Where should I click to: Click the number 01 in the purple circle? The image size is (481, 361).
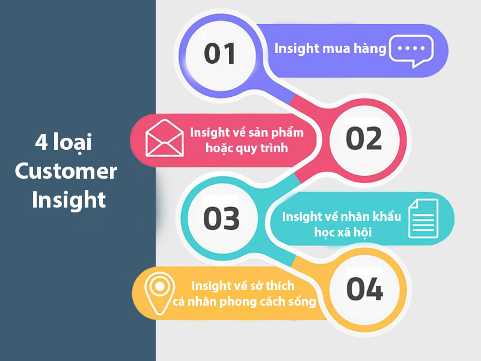click(221, 54)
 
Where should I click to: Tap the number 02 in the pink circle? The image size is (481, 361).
click(364, 138)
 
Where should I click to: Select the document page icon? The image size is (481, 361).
click(422, 218)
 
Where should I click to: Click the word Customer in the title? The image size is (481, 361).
click(66, 172)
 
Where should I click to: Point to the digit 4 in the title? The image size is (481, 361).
click(40, 144)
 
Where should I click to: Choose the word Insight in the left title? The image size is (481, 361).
click(69, 200)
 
